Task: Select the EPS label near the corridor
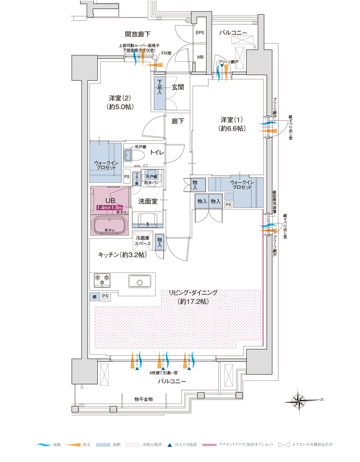click(200, 33)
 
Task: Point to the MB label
click(200, 57)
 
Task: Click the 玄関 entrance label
click(178, 87)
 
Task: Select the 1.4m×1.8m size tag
click(110, 208)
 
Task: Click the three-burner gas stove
click(102, 280)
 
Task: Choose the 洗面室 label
click(148, 201)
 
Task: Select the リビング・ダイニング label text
click(193, 293)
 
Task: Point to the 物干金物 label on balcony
click(143, 400)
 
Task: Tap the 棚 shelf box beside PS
click(94, 296)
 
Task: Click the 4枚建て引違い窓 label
click(164, 373)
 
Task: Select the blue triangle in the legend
click(170, 445)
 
